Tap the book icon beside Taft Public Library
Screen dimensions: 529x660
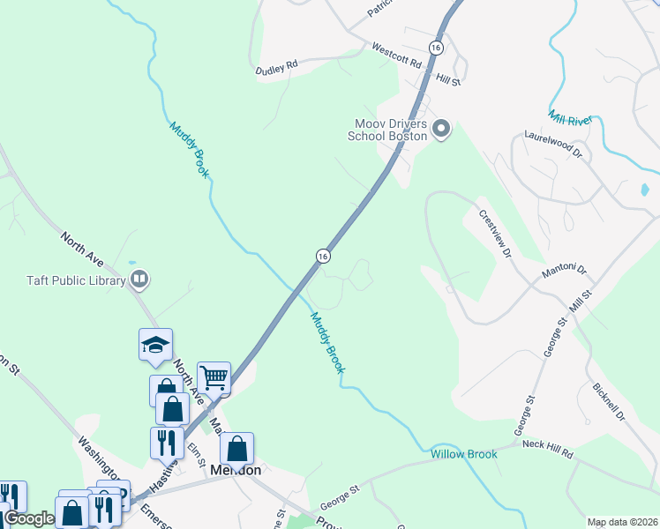[x=139, y=281]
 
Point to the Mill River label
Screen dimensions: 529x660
[x=569, y=117]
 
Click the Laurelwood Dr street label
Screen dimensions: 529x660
[x=555, y=145]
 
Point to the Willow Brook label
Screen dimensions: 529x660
[x=464, y=454]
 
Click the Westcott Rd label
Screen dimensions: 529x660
[x=397, y=54]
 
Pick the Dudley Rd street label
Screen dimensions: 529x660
[x=277, y=65]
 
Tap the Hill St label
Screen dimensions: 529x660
[x=450, y=80]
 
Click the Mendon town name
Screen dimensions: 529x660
[x=236, y=470]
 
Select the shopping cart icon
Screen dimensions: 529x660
[x=214, y=377]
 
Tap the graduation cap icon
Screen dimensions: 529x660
[x=155, y=345]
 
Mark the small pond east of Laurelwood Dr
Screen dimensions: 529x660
[x=645, y=189]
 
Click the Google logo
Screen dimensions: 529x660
[x=29, y=518]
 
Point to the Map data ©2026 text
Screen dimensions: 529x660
[x=622, y=522]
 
